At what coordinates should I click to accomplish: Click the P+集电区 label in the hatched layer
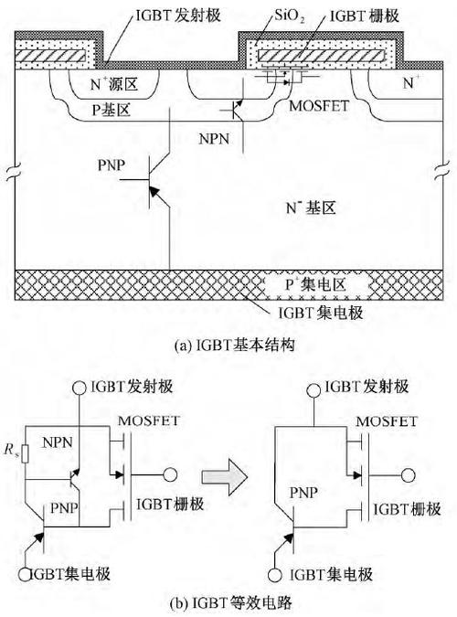pyautogui.click(x=295, y=283)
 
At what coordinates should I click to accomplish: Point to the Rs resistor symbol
pyautogui.click(x=27, y=452)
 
